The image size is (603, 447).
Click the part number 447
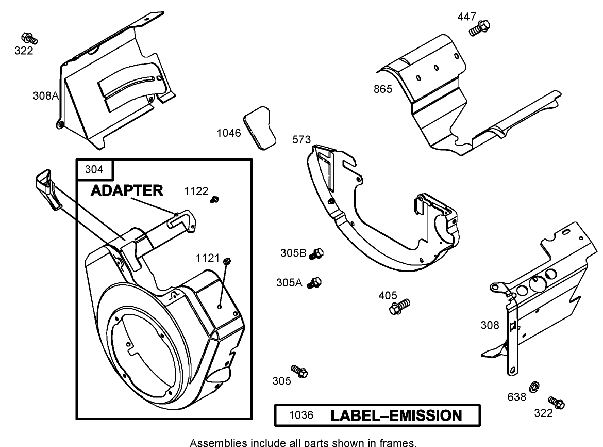[x=467, y=17]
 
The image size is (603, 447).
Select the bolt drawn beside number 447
[x=480, y=27]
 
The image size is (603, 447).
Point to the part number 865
[x=383, y=89]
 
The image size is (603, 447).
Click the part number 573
[x=301, y=139]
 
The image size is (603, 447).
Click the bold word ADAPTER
[x=127, y=190]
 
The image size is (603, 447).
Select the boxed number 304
[x=94, y=169]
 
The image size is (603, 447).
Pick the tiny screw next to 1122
[x=215, y=199]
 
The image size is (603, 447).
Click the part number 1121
[x=208, y=258]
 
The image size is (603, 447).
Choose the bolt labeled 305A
[x=314, y=282]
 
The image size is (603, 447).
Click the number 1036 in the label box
[x=300, y=416]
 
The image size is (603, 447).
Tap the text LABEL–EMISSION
[x=396, y=416]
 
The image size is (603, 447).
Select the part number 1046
[x=228, y=133]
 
